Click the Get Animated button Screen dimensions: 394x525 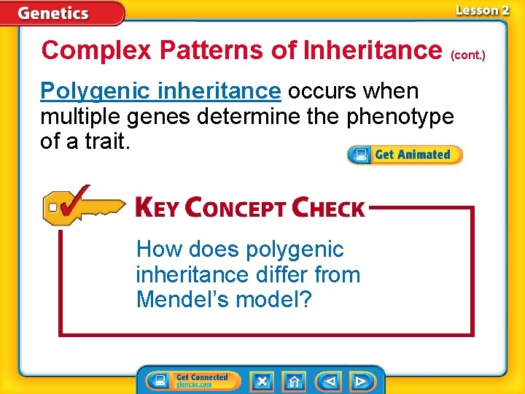(405, 155)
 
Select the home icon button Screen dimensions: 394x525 (294, 381)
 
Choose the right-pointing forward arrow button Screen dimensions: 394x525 (361, 381)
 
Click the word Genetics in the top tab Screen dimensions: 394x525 (53, 13)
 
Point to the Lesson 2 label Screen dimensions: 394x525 (482, 10)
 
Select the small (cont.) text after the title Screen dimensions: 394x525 (468, 55)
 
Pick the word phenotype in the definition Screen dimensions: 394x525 (400, 116)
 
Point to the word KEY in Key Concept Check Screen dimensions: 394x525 (157, 208)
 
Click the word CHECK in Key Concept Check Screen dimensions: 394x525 (327, 208)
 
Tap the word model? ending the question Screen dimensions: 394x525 (275, 299)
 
